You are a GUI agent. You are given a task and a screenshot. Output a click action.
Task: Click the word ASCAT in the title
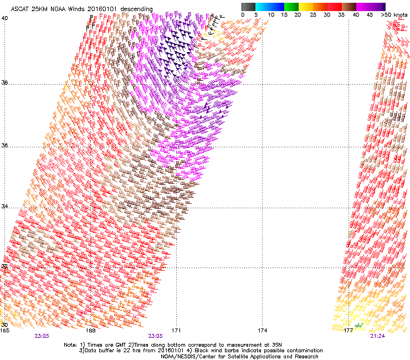pyautogui.click(x=21, y=9)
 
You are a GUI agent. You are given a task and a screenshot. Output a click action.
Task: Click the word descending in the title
pyautogui.click(x=134, y=9)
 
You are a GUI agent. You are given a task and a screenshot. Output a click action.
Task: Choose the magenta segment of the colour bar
pyautogui.click(x=365, y=6)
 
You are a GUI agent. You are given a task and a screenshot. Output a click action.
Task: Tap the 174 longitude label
pyautogui.click(x=263, y=330)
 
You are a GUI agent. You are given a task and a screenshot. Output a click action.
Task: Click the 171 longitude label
pyautogui.click(x=177, y=330)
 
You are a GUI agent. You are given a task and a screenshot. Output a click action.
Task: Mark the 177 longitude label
pyautogui.click(x=348, y=330)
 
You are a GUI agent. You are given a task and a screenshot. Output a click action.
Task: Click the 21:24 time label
pyautogui.click(x=378, y=336)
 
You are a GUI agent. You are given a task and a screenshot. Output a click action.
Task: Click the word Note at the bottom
pyautogui.click(x=70, y=344)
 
